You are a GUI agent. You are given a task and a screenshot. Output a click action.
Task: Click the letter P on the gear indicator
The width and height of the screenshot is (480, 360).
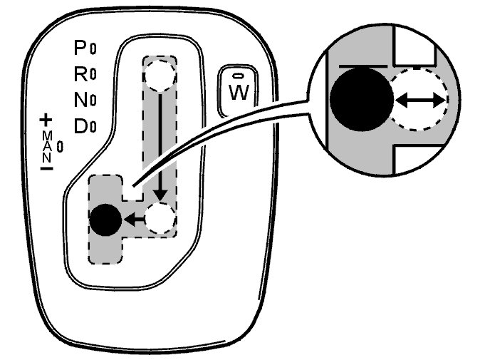[80, 48]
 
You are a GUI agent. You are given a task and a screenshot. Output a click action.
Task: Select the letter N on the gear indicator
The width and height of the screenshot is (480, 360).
[80, 101]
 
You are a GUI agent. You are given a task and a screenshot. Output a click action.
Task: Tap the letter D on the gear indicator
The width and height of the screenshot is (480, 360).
[80, 127]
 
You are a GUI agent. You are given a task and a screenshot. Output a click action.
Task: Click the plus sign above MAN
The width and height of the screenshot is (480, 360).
[47, 119]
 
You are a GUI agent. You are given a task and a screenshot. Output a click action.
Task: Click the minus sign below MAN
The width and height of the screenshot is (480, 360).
[47, 170]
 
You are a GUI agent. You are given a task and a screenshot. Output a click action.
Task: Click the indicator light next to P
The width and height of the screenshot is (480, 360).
[93, 48]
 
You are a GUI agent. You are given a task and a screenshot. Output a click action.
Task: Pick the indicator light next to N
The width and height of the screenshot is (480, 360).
[93, 101]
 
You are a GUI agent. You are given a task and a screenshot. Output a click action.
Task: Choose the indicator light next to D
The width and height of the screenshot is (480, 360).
[93, 128]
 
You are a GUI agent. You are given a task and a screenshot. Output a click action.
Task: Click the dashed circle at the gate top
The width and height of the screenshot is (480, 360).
[160, 73]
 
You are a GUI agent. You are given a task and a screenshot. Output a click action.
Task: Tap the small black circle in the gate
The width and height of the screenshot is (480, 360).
[106, 218]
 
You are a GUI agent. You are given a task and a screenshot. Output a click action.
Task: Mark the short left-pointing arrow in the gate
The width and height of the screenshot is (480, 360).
[132, 219]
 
